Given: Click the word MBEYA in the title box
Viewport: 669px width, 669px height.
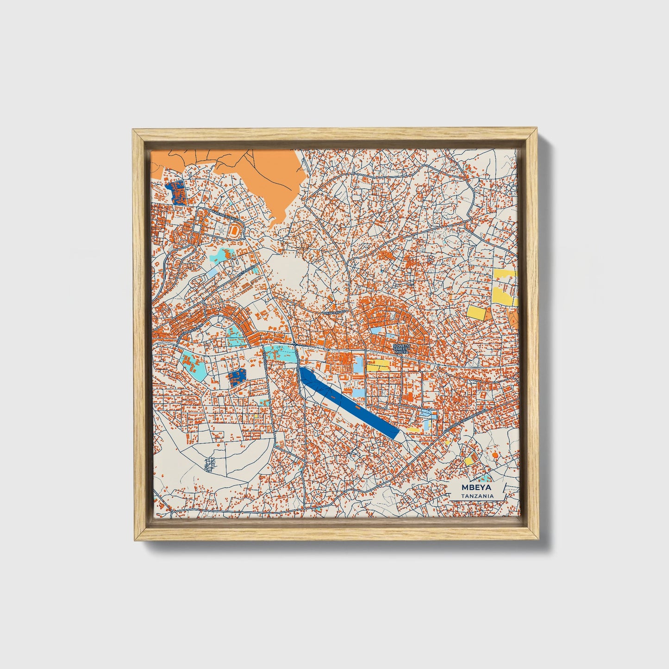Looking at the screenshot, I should coord(477,488).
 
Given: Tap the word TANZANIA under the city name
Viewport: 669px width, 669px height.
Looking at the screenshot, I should coord(477,496).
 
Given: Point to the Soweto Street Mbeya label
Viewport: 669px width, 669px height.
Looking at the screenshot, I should coord(401,349).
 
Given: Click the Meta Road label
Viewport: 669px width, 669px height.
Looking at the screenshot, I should coord(247,270).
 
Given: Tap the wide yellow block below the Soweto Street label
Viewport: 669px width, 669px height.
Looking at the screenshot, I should coord(378,365).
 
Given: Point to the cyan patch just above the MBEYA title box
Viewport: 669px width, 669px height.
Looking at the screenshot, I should coord(485,477).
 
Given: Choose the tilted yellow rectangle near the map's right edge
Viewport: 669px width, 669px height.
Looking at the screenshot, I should coord(476,312).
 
